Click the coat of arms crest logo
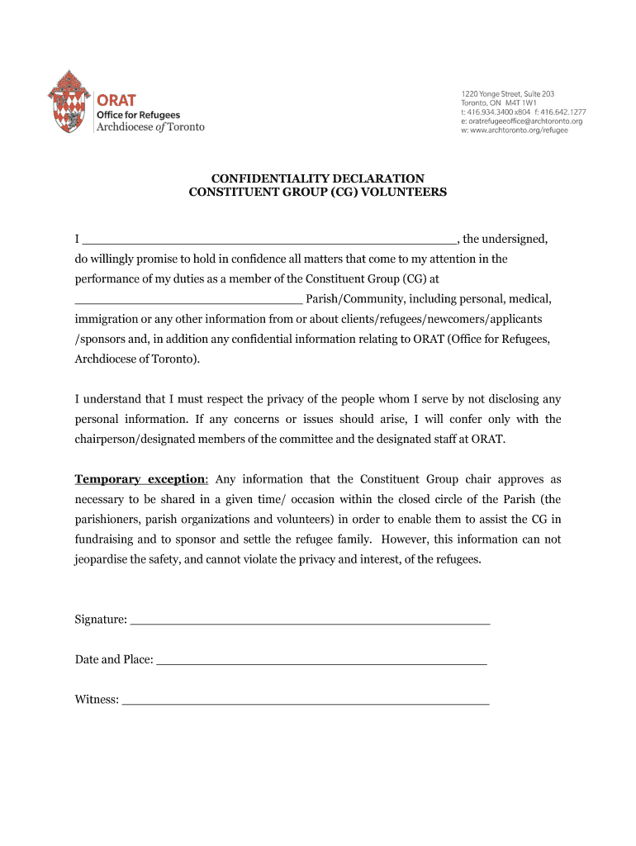click(69, 102)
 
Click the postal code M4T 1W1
click(520, 103)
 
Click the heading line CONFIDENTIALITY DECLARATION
click(318, 178)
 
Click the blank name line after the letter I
click(268, 240)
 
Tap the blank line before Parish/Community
click(188, 298)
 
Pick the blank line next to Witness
click(305, 700)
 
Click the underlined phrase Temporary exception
click(141, 479)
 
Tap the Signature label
click(101, 620)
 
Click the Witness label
click(97, 700)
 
